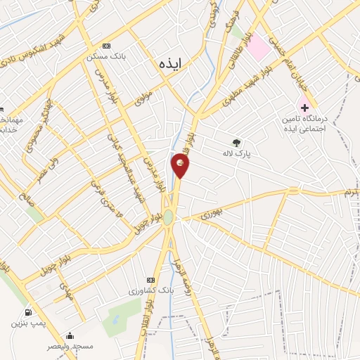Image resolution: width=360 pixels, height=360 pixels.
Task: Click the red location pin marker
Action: tap(180, 166)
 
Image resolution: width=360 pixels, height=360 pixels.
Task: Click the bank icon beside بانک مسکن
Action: tap(105, 44)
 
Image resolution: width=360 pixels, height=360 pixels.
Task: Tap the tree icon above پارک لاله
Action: tap(236, 142)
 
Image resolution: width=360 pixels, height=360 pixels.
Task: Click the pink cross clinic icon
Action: tap(304, 108)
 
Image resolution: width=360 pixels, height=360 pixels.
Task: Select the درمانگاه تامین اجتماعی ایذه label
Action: tap(304, 125)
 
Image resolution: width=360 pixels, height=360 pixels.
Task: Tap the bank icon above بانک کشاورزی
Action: tap(149, 279)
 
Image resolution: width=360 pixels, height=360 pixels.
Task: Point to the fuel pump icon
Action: tap(27, 312)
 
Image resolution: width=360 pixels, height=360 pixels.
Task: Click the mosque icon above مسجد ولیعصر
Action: tap(70, 335)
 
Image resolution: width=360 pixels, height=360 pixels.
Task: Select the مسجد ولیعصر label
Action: tap(69, 347)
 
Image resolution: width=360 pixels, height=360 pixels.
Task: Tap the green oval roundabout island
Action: tap(169, 218)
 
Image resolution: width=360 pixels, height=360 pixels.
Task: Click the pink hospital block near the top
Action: tap(258, 47)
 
